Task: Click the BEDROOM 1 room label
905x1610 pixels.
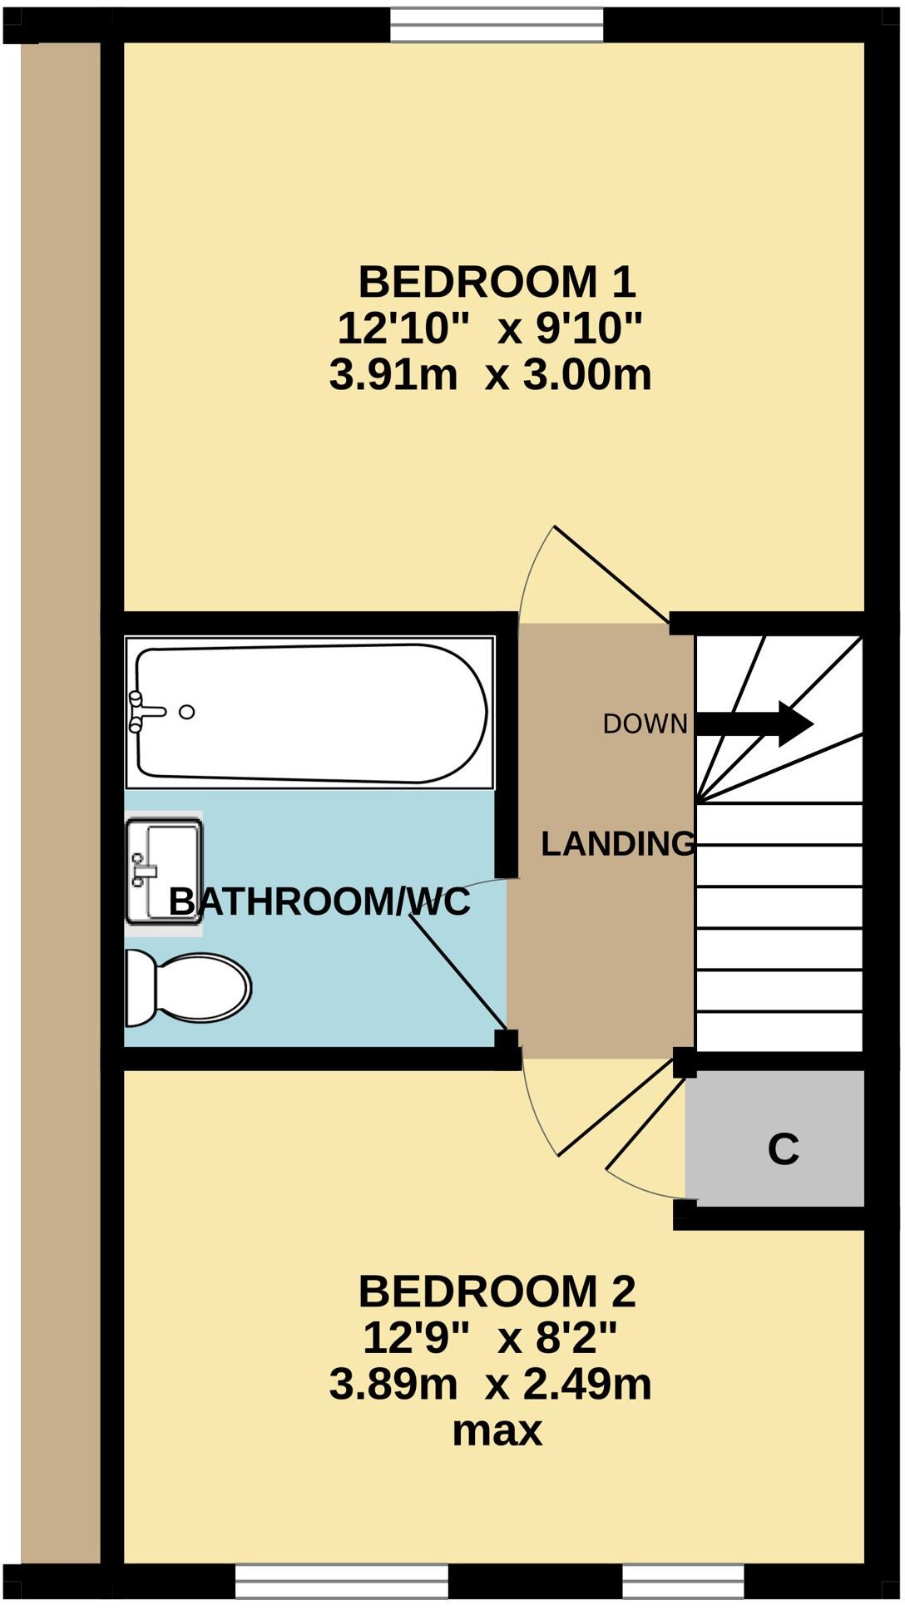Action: (x=497, y=282)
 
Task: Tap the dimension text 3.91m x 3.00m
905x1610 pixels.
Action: (x=490, y=375)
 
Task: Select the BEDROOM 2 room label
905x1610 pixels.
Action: (x=497, y=1291)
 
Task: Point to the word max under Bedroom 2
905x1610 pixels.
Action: (x=497, y=1431)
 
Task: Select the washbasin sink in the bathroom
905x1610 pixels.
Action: (x=164, y=872)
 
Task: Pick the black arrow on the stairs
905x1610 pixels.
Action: (x=754, y=724)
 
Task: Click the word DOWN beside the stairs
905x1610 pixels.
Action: (x=645, y=724)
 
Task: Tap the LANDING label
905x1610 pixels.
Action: (x=617, y=844)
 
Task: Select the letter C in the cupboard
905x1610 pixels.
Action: (x=783, y=1149)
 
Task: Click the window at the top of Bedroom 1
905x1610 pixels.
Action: (x=497, y=24)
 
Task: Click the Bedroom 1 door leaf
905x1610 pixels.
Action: (x=611, y=574)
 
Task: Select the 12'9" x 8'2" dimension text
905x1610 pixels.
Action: (x=490, y=1338)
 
